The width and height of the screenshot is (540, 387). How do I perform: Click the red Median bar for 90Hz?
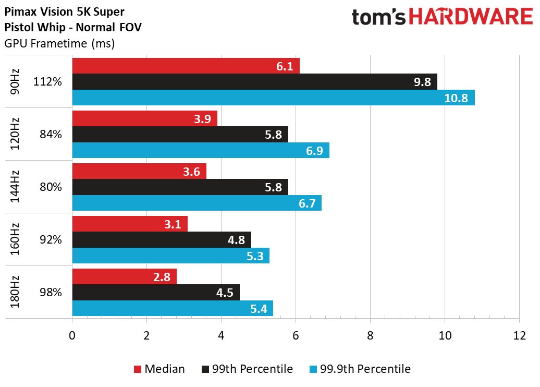point(186,66)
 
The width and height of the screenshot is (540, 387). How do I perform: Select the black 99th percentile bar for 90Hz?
point(255,82)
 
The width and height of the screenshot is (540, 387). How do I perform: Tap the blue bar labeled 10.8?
point(274,98)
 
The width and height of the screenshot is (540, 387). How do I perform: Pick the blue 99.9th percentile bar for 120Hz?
point(201,150)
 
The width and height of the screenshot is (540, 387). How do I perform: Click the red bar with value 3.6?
point(139,171)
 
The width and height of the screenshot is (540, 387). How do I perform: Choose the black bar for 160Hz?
point(162,239)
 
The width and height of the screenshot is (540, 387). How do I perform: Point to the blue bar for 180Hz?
point(173,308)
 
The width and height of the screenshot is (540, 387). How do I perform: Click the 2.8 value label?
point(162,277)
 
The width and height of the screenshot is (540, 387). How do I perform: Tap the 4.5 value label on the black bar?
point(225,293)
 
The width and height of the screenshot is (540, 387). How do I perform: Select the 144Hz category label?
point(15,186)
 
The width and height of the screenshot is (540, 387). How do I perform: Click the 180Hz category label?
point(15,292)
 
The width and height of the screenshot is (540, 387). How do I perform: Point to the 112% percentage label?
point(47,82)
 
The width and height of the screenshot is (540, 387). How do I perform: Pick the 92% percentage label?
point(51,239)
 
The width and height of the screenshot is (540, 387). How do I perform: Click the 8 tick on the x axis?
point(370,335)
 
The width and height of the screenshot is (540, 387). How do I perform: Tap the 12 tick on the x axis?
point(519,335)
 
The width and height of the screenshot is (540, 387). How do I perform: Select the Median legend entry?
point(159,369)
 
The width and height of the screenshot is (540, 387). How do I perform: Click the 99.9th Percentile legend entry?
point(360,369)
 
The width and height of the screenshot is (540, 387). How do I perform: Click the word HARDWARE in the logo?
point(471,17)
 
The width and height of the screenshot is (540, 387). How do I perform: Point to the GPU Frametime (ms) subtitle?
point(59,43)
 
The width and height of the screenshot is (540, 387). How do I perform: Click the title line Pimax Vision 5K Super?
point(64,11)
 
